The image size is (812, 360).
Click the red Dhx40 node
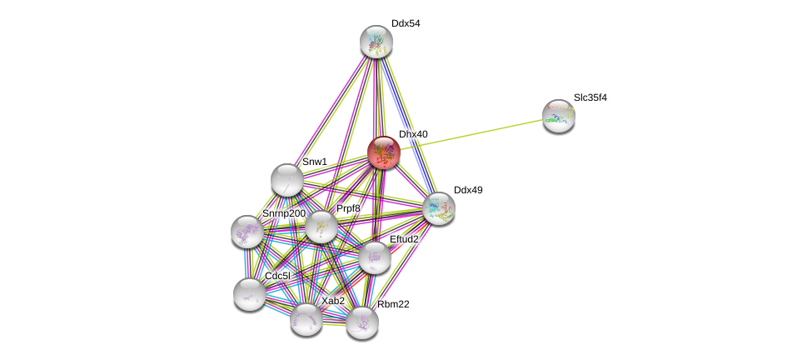[x=384, y=152]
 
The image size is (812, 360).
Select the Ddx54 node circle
[x=376, y=41]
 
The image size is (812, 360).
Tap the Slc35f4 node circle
[x=558, y=116]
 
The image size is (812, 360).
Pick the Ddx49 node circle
[x=438, y=208]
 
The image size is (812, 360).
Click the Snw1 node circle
[x=287, y=179]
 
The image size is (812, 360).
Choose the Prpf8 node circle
[x=321, y=226]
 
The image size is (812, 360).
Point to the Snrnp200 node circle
[x=247, y=232]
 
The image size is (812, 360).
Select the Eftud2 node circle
[x=375, y=257]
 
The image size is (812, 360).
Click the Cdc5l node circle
[x=249, y=293]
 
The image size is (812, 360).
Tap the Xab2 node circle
[x=306, y=318]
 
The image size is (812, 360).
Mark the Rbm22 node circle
[x=362, y=322]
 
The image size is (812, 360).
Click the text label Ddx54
[x=406, y=23]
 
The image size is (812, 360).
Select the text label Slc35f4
[x=590, y=97]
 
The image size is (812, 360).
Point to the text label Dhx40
[x=413, y=134]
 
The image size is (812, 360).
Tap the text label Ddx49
[x=467, y=190]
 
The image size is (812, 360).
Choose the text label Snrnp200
[x=283, y=213]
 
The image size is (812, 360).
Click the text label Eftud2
[x=404, y=239]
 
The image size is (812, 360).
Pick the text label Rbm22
[x=393, y=304]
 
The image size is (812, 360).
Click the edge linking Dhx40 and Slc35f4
[x=471, y=134]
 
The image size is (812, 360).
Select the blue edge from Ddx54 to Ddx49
[x=407, y=125]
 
